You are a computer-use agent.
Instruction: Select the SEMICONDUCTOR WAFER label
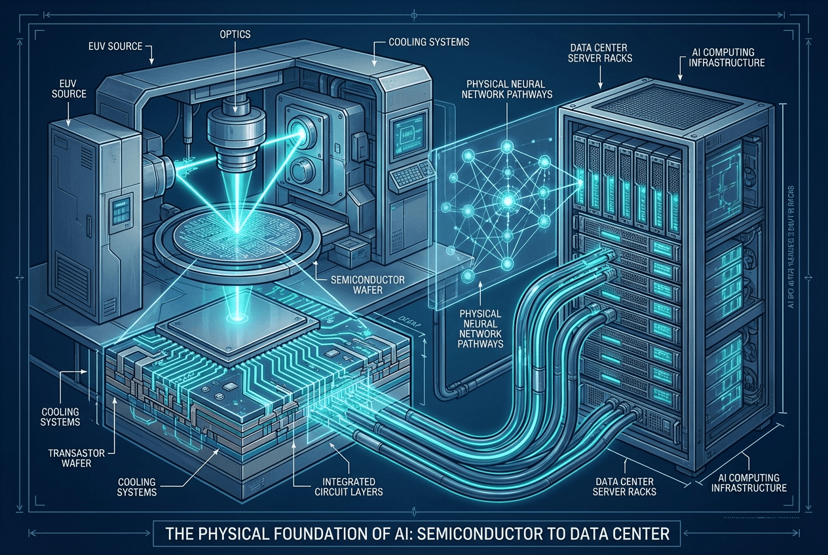coord(368,285)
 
